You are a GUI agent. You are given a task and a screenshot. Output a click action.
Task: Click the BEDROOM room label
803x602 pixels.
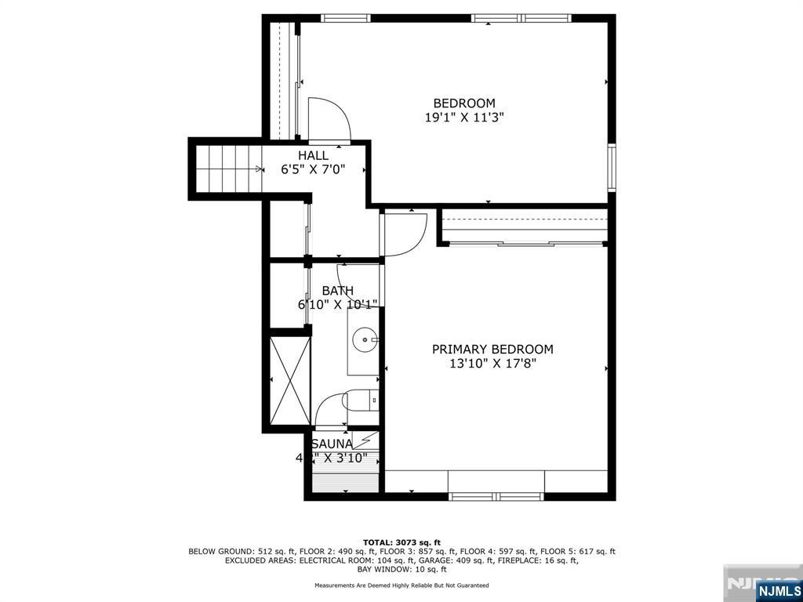pos(464,103)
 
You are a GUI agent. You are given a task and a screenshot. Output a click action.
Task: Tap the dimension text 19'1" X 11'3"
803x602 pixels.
pos(464,118)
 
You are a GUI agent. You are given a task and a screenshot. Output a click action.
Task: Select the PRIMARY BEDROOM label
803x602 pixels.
pos(492,350)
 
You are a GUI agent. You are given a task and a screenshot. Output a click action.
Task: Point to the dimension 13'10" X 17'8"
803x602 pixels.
pos(492,364)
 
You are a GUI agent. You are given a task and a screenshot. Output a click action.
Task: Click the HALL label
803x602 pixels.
pos(313,155)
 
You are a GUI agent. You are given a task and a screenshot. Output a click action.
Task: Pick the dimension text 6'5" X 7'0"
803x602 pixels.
pos(313,169)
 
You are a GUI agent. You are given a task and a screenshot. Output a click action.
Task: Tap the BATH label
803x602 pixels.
pos(337,291)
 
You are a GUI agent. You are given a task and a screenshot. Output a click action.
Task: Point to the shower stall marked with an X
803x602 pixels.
pos(290,379)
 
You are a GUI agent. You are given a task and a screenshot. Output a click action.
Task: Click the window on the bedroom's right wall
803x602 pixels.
pos(612,168)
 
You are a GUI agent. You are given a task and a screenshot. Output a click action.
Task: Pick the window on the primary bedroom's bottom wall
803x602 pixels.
pos(496,496)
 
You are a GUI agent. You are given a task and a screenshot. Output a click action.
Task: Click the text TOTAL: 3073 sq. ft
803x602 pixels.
pos(401,542)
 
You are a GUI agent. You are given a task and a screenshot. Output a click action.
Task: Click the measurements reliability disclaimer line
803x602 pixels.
pos(401,586)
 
